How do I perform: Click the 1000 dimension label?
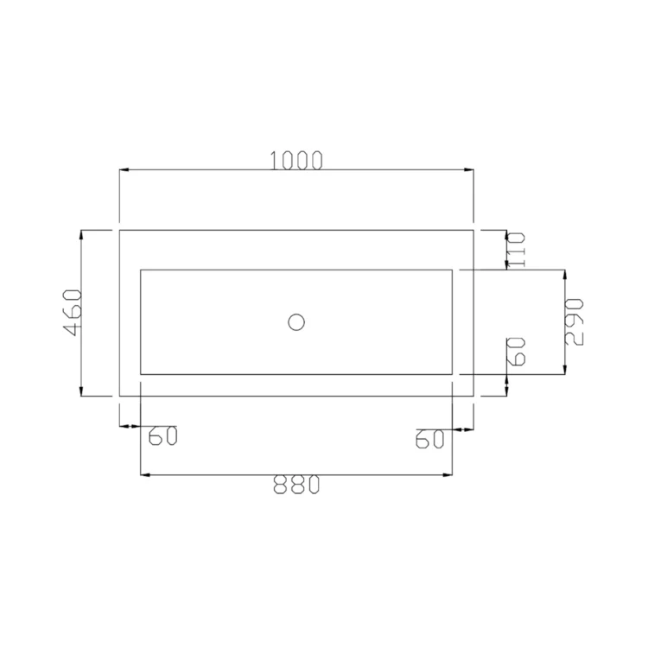[x=295, y=161]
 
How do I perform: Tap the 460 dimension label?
[x=73, y=313]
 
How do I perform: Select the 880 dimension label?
[x=296, y=485]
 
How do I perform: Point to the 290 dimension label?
[x=574, y=322]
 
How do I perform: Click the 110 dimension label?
[x=516, y=250]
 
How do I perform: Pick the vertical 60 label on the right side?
[x=516, y=352]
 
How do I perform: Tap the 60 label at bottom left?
[x=162, y=435]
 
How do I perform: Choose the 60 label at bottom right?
[x=429, y=439]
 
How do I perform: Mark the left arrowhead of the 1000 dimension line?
[x=124, y=169]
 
